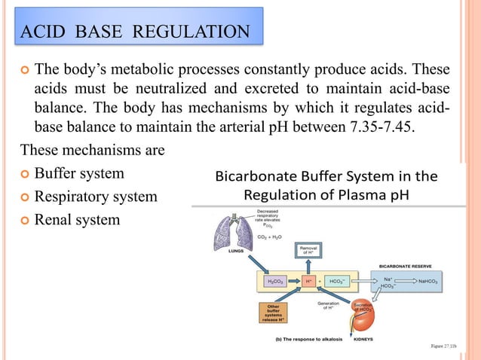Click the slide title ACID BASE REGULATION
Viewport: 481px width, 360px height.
click(x=135, y=32)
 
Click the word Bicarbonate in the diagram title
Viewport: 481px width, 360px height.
click(x=254, y=178)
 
